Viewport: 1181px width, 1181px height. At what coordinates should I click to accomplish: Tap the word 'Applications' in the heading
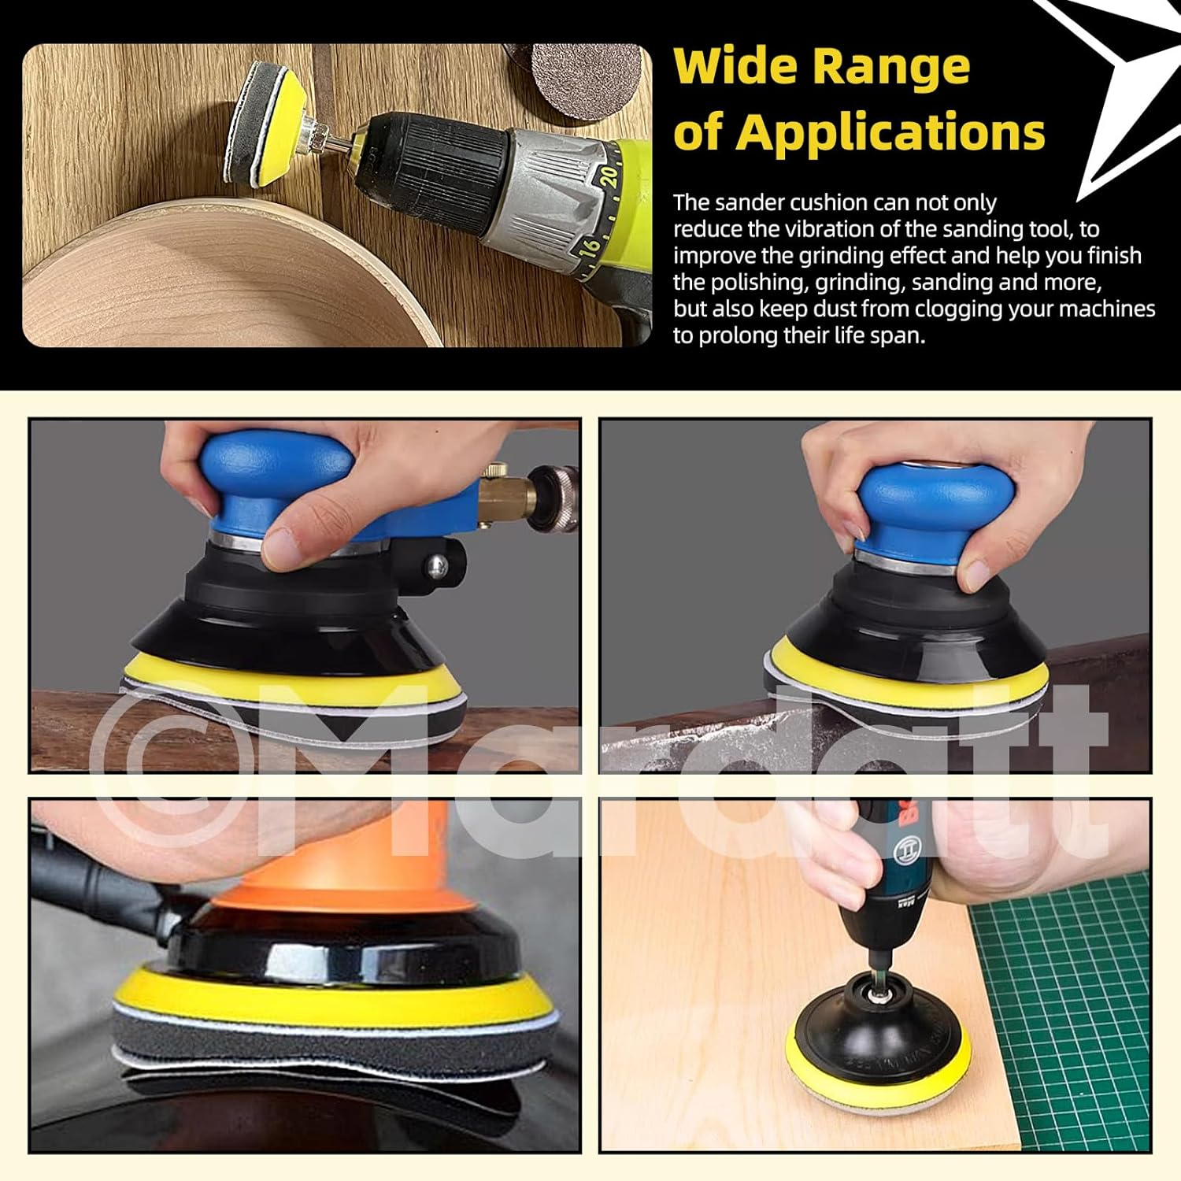click(x=890, y=131)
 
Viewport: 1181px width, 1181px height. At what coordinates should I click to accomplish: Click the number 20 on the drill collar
click(x=607, y=175)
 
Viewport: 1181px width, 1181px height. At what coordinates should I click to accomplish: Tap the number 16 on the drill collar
click(x=589, y=248)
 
